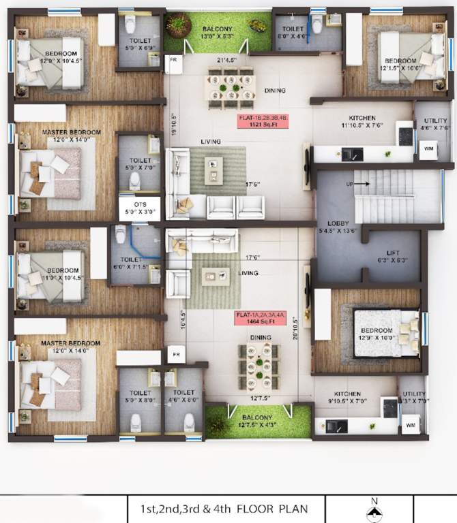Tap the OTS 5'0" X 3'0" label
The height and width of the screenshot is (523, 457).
pyautogui.click(x=139, y=206)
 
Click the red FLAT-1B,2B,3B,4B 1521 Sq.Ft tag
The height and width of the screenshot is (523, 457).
pyautogui.click(x=263, y=121)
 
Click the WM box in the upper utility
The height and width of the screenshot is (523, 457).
pyautogui.click(x=428, y=150)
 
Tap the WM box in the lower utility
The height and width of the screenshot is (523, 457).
pyautogui.click(x=410, y=426)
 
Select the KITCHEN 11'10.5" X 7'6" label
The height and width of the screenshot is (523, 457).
pyautogui.click(x=362, y=121)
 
